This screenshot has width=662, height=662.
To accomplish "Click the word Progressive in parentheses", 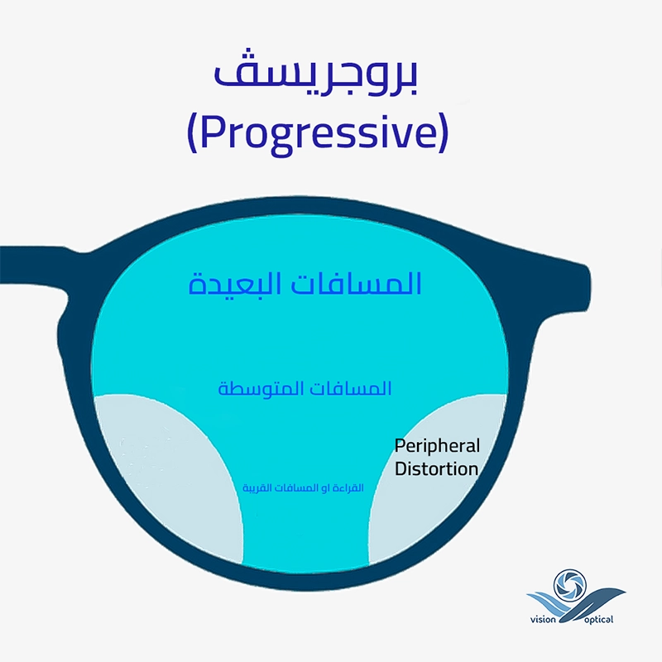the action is tap(317, 132).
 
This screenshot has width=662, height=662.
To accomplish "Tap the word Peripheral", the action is tap(437, 447).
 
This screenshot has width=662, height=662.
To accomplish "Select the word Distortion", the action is tap(437, 469).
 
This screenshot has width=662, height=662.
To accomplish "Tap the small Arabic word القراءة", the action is tap(348, 488).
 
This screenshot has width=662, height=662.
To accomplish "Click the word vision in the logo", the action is tap(543, 620).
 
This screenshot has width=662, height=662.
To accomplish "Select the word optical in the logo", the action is tap(598, 620).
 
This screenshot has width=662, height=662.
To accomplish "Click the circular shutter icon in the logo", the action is tap(569, 585).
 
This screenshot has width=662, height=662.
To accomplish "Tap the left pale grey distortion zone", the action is tap(165, 473).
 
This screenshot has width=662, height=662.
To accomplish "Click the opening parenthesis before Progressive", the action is tap(192, 132).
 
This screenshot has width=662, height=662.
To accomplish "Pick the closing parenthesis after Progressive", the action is tap(443, 132).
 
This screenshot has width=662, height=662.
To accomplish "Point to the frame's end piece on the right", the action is tap(566, 283).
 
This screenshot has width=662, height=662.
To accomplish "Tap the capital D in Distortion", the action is tap(401, 469).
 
